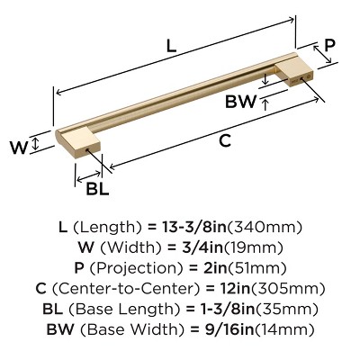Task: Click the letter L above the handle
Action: point(172,42)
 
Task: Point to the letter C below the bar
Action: point(225,140)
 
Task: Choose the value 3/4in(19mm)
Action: point(232,248)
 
